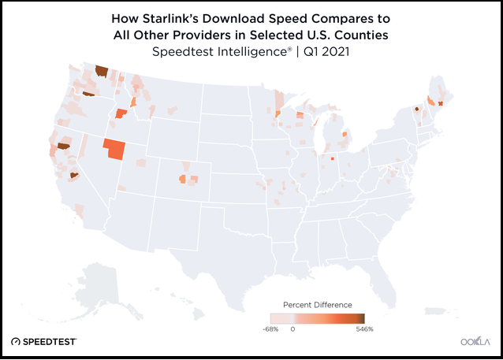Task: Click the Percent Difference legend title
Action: [x=317, y=304]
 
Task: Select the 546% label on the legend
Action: [x=363, y=328]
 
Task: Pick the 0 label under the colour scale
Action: [x=292, y=328]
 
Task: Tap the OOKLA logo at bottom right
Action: [x=475, y=341]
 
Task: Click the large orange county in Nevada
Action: [x=114, y=149]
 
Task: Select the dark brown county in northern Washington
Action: [x=101, y=71]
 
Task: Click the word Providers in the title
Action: [x=222, y=35]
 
